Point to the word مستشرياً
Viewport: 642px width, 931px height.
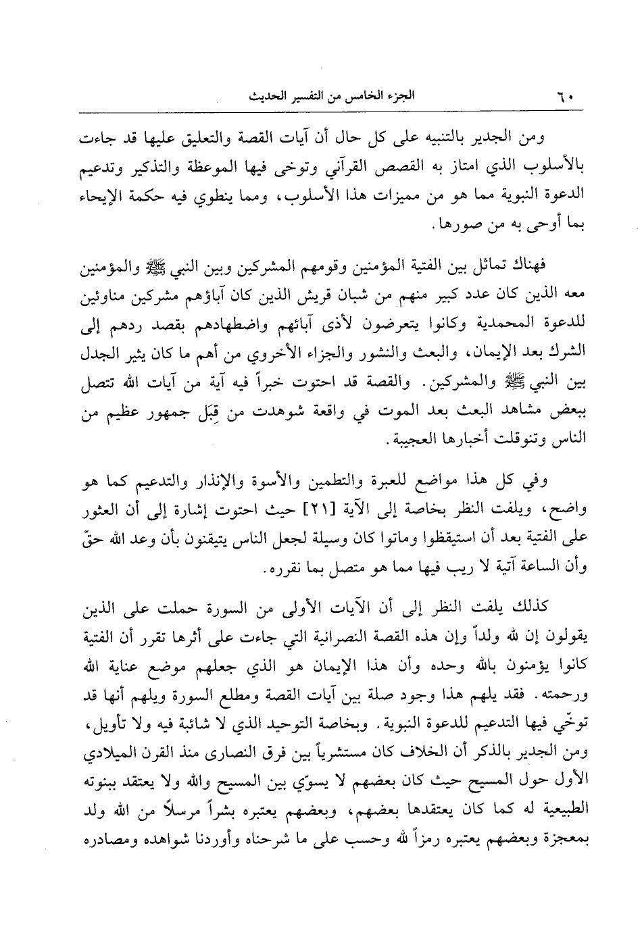click(354, 759)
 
